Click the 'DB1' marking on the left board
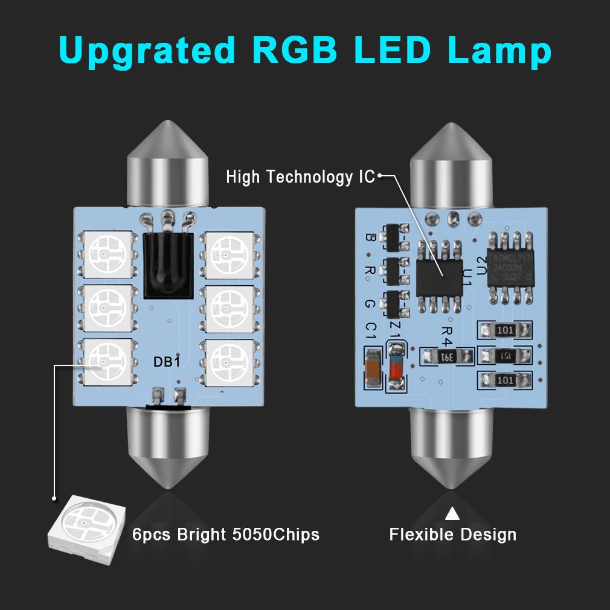(167, 362)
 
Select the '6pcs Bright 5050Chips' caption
(225, 535)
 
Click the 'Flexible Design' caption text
(452, 535)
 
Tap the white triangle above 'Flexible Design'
(452, 514)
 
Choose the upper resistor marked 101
(506, 331)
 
